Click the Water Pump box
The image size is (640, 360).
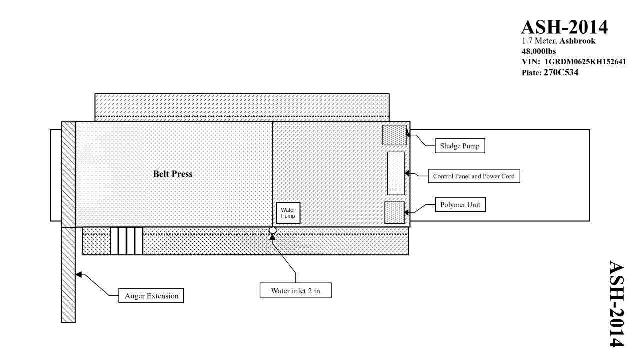coord(288,213)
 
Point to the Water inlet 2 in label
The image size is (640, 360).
coord(296,290)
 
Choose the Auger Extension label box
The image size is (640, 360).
coord(151,296)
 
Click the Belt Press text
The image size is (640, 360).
coord(172,174)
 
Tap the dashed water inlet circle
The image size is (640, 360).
coord(272,231)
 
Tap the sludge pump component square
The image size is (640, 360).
coord(394,135)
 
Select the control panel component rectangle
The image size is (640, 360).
coord(396,173)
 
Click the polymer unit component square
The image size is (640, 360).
coord(394,212)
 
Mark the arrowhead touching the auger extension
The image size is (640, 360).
coord(78,274)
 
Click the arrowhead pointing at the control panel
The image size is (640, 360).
coord(408,174)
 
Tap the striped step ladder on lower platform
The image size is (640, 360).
coord(127,241)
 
